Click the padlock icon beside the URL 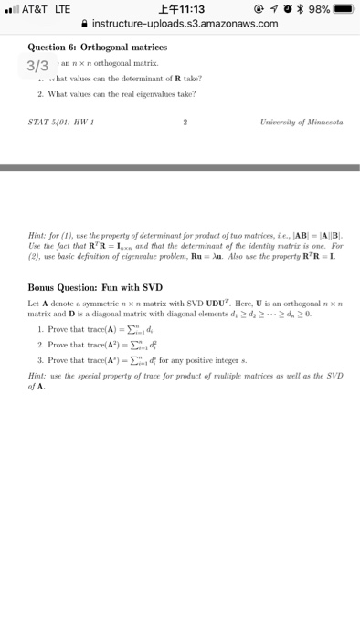click(x=86, y=24)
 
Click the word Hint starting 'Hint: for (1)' click(x=37, y=234)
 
